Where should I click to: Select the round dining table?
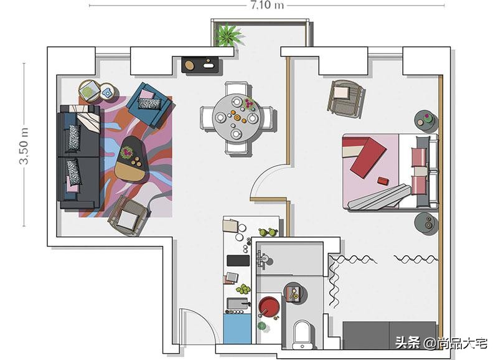tap(237, 116)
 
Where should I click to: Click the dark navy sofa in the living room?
tap(79, 157)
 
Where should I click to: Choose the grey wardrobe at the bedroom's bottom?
tap(389, 334)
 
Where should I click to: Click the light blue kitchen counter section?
tap(236, 329)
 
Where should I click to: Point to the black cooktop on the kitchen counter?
tap(237, 260)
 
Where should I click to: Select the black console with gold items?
tap(201, 64)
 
